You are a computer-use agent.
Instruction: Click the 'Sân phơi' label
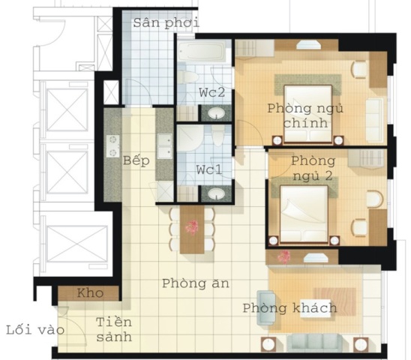point(166,23)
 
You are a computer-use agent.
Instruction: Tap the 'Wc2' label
point(211,92)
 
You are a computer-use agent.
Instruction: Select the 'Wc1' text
point(209,169)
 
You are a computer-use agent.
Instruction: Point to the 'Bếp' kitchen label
point(136,160)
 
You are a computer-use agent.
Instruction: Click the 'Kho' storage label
point(90,293)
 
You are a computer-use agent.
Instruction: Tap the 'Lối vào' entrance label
point(35,329)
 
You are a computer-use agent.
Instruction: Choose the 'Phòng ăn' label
point(196,283)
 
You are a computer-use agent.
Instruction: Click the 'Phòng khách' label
point(289,307)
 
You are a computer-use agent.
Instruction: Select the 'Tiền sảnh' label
point(114,329)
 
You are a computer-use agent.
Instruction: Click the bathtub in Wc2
point(202,51)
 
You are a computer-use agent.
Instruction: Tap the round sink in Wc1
point(217,193)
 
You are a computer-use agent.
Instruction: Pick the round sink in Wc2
point(217,113)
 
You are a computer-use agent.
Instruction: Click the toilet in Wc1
point(217,136)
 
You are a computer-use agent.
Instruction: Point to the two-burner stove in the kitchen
point(113,146)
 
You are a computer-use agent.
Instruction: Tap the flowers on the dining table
point(192,227)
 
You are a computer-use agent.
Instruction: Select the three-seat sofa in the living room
point(314,343)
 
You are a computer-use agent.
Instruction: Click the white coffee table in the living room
point(315,308)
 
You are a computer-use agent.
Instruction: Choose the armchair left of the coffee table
point(266,307)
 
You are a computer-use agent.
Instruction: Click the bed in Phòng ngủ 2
point(304,214)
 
